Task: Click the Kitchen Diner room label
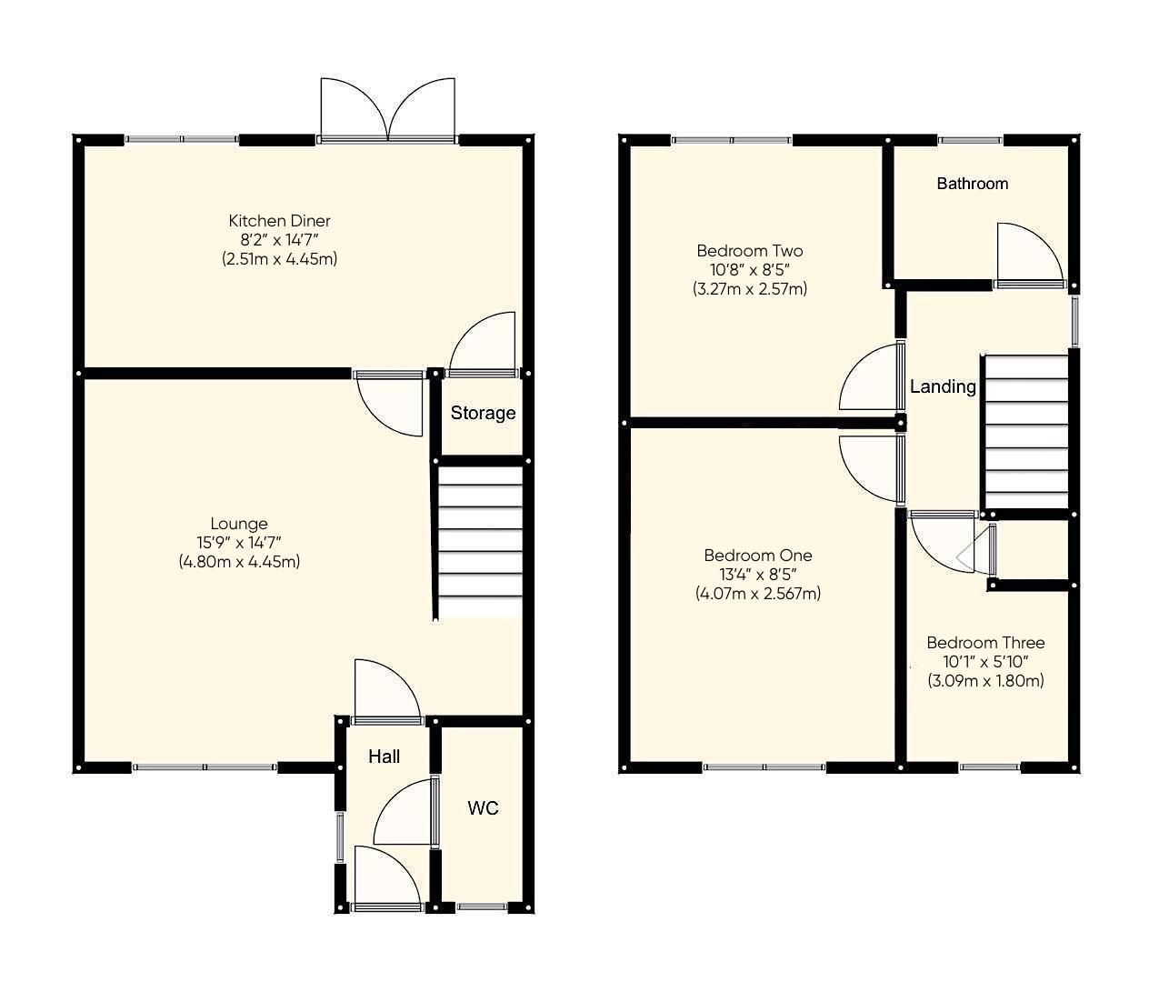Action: click(x=279, y=221)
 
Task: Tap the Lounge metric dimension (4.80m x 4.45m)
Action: click(x=239, y=562)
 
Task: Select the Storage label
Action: click(x=483, y=413)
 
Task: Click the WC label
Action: click(x=483, y=808)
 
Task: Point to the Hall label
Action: click(x=384, y=757)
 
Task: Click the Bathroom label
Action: click(x=972, y=184)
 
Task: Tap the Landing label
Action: click(x=943, y=386)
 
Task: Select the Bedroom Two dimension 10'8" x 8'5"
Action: click(x=749, y=270)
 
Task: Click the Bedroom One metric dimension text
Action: click(x=758, y=594)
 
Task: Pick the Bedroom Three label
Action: click(x=985, y=643)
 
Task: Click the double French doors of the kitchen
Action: click(x=388, y=111)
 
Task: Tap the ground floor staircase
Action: click(x=480, y=543)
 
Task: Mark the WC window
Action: click(x=483, y=907)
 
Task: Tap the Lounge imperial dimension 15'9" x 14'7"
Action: click(x=239, y=543)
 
